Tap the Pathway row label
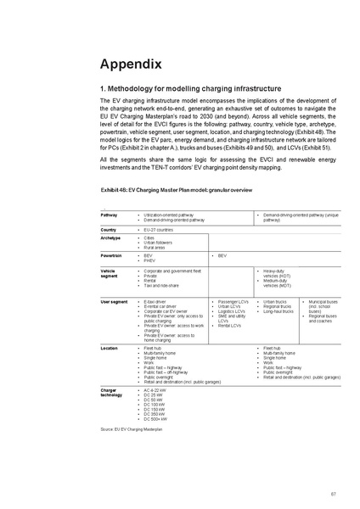[x=110, y=215]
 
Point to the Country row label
[x=109, y=230]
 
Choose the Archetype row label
[x=111, y=238]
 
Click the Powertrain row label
[x=112, y=255]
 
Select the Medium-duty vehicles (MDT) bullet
[x=281, y=282]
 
